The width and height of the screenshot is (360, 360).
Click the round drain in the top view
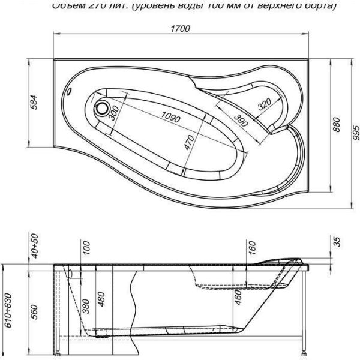(103, 109)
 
